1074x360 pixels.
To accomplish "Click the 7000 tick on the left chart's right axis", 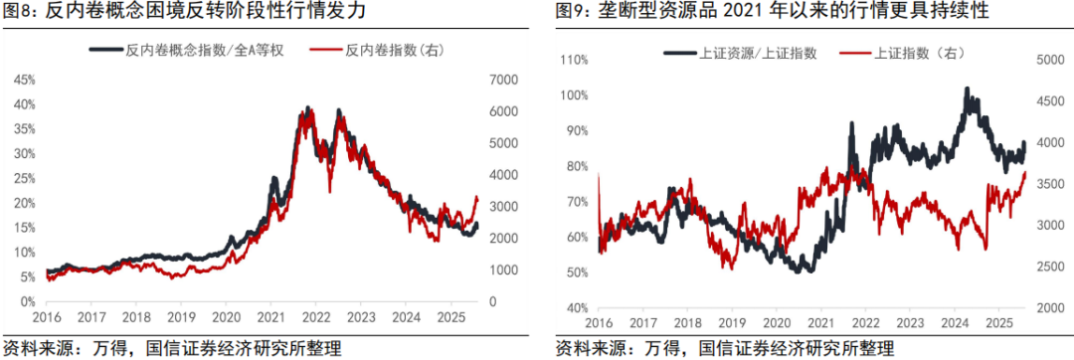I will [491, 79].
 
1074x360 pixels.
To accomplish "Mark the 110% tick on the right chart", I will [575, 61].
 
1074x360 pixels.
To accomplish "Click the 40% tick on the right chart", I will [578, 309].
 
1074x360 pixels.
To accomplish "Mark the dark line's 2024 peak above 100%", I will [968, 90].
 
